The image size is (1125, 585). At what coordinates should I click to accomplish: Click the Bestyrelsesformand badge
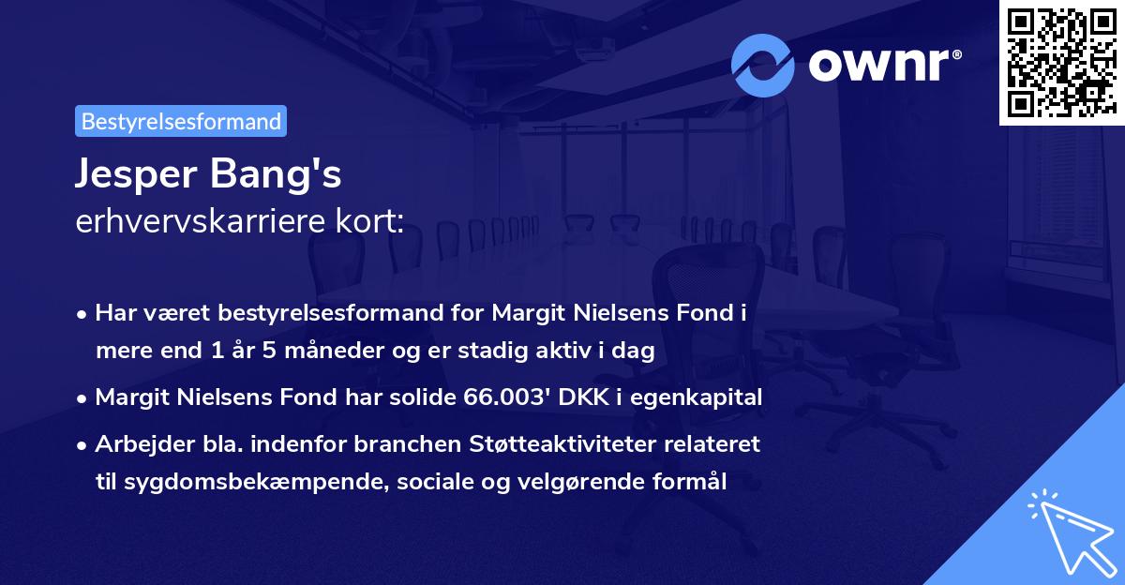[x=181, y=121]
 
